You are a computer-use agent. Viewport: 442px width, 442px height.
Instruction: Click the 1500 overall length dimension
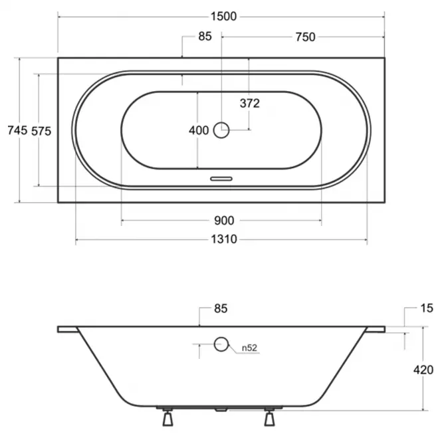click(223, 17)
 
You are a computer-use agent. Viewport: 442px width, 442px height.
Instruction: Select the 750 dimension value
click(305, 37)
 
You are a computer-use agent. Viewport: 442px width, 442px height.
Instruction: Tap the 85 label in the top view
click(205, 37)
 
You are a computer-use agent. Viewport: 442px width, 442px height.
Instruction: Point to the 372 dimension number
click(250, 104)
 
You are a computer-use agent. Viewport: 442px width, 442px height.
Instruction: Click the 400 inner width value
click(199, 130)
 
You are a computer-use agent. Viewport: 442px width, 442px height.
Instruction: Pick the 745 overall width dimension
click(17, 130)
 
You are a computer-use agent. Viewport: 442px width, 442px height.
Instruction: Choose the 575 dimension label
click(41, 131)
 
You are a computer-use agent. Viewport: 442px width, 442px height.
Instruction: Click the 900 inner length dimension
click(224, 221)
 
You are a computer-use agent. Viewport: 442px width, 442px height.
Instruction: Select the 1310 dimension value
click(224, 239)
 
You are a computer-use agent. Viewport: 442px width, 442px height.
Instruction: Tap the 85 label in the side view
click(221, 308)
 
